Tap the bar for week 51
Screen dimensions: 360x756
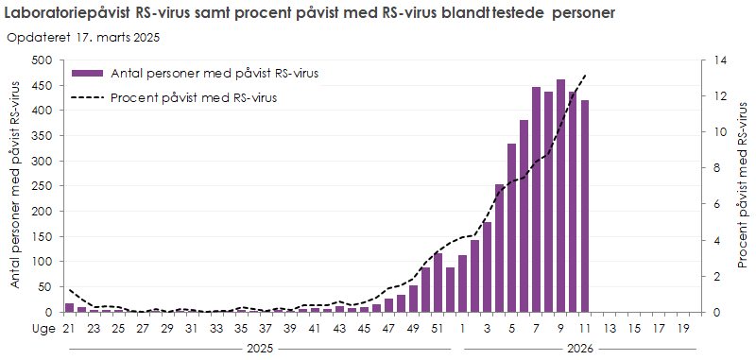point(438,283)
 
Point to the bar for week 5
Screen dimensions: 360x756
point(512,228)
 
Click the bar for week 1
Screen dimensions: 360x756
point(462,283)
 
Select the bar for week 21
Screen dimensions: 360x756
point(69,307)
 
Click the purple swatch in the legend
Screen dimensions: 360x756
point(89,73)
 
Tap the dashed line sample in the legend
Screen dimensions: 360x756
point(89,96)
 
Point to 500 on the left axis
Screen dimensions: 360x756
point(41,60)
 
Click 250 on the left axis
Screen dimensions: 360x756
point(41,186)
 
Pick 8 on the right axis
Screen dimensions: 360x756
point(713,168)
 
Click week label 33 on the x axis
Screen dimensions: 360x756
point(216,328)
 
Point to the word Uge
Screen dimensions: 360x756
point(42,328)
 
